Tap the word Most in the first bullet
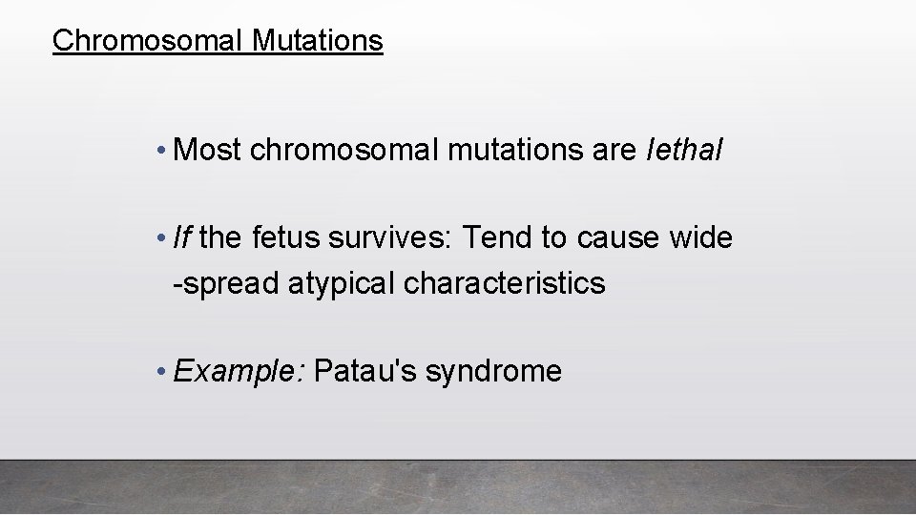(x=209, y=150)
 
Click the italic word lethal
(x=685, y=150)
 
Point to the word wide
(x=700, y=237)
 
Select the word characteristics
(x=506, y=283)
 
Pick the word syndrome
(x=493, y=371)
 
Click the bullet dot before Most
(x=166, y=151)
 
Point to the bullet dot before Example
(x=166, y=372)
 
